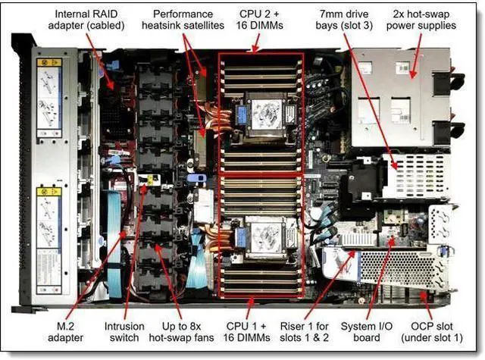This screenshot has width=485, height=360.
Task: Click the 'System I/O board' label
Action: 371,331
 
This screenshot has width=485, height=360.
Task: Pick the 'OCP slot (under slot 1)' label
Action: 433,331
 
